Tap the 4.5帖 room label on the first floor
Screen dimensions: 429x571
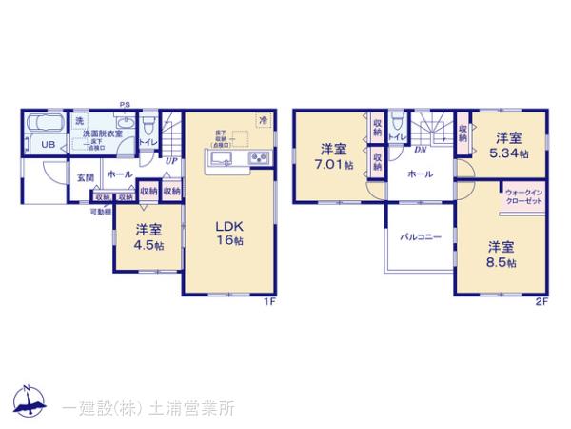pos(146,235)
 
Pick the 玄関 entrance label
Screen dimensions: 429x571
pos(85,177)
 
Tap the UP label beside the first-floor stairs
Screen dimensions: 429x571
pos(170,161)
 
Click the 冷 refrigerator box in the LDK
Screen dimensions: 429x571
pos(263,121)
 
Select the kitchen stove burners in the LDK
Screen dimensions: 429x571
pos(259,157)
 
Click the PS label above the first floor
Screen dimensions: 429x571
pos(125,104)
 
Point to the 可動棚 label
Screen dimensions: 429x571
pos(101,211)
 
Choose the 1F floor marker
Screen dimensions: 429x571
pos(269,302)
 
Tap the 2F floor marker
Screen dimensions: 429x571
pos(541,302)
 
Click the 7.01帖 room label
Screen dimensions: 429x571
pos(332,155)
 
